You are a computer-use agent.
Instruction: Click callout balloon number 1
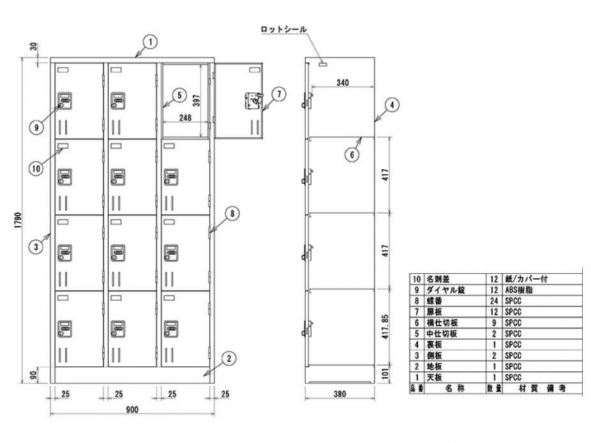click(148, 42)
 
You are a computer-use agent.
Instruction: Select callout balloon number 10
click(35, 168)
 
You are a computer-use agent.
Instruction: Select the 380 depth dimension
click(341, 394)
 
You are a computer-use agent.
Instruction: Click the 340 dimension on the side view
click(341, 83)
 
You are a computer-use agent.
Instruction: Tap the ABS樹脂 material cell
click(519, 291)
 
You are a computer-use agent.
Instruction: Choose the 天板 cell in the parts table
click(434, 377)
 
